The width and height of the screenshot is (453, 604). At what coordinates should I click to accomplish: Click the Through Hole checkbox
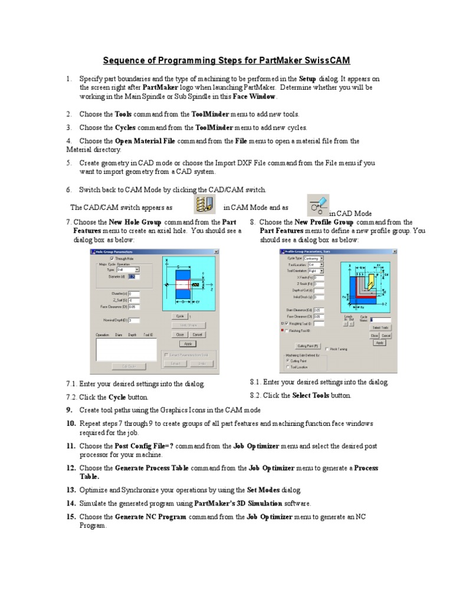113,258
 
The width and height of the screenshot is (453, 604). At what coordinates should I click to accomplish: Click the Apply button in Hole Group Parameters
188,343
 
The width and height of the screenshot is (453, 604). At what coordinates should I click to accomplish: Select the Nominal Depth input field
134,320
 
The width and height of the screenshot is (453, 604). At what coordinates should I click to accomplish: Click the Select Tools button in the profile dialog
380,327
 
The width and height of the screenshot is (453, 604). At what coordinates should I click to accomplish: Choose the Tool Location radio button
288,367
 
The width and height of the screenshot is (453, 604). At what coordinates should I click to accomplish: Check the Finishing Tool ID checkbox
287,331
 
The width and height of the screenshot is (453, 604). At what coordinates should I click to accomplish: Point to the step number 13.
71,490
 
